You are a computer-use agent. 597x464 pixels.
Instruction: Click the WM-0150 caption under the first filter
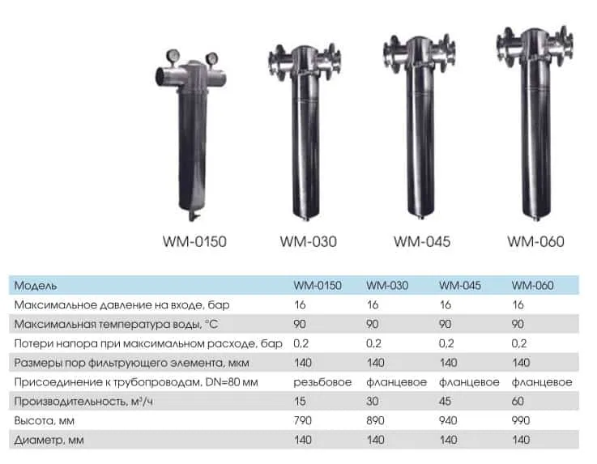pyautogui.click(x=194, y=241)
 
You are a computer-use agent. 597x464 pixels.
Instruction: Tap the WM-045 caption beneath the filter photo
pyautogui.click(x=422, y=241)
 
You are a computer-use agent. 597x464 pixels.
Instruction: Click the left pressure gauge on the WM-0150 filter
pyautogui.click(x=173, y=56)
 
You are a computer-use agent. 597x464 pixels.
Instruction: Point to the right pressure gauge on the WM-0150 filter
pyautogui.click(x=211, y=58)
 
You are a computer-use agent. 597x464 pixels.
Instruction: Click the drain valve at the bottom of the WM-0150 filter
pyautogui.click(x=193, y=216)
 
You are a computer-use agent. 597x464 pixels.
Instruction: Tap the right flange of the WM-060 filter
pyautogui.click(x=565, y=46)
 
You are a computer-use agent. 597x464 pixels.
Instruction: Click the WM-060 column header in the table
pyautogui.click(x=533, y=286)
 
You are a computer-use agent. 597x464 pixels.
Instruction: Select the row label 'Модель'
pyautogui.click(x=36, y=286)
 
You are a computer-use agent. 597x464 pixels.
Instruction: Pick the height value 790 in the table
pyautogui.click(x=303, y=420)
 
